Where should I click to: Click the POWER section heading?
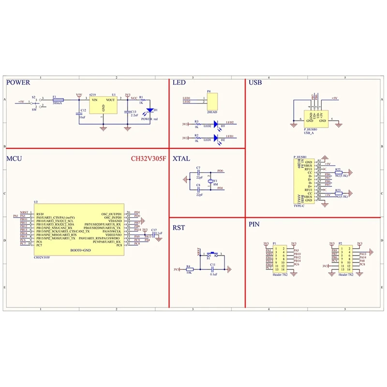click(x=18, y=83)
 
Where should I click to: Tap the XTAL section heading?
click(x=182, y=158)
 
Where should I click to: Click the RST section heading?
click(x=179, y=227)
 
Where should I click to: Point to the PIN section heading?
click(x=254, y=225)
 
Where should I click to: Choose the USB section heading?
click(x=255, y=83)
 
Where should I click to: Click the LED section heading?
click(x=179, y=83)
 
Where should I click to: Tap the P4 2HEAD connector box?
click(x=212, y=100)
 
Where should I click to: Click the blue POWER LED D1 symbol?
click(x=150, y=111)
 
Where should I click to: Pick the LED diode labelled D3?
click(x=216, y=125)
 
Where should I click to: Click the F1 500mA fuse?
click(x=58, y=99)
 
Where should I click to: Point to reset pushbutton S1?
click(x=211, y=254)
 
